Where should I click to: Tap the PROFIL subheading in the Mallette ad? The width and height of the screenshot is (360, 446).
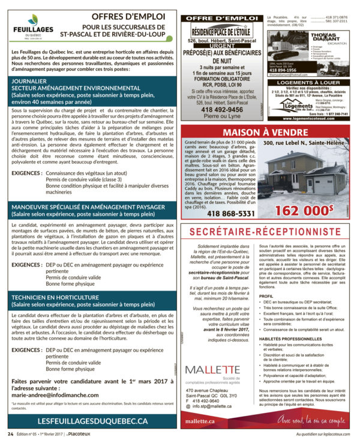click(x=266, y=297)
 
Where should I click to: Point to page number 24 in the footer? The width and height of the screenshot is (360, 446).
click(x=10, y=433)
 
